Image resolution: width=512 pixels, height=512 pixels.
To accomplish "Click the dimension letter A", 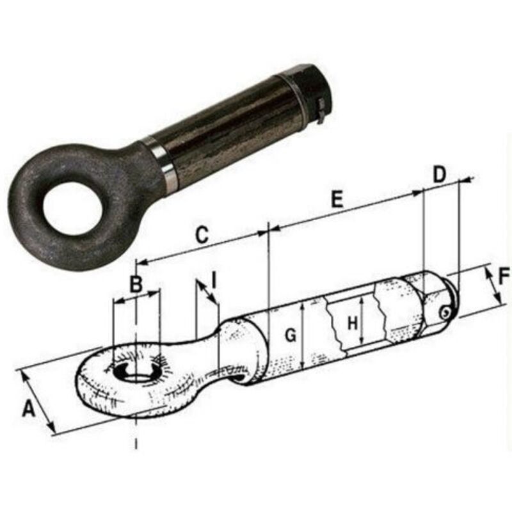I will (x=29, y=408).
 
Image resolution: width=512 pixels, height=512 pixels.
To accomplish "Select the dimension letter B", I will (x=136, y=284).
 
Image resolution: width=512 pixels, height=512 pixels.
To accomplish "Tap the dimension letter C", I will (x=202, y=235).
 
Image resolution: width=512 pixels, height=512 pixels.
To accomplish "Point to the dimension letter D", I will (x=438, y=174).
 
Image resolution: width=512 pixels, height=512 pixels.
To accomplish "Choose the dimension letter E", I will (x=337, y=200).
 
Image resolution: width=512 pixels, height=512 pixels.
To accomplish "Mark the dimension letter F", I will (x=504, y=276).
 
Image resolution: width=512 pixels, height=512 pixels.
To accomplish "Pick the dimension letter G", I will (x=291, y=334).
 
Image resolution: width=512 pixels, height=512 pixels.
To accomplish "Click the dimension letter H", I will (x=352, y=324).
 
